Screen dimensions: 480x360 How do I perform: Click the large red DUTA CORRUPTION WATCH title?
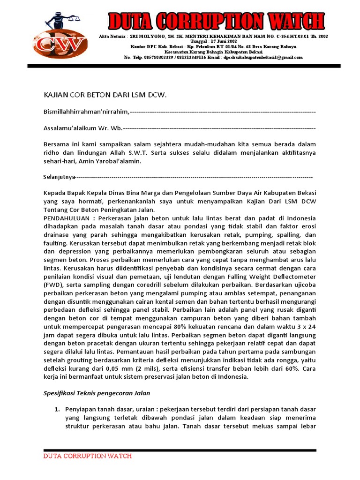pyautogui.click(x=216, y=22)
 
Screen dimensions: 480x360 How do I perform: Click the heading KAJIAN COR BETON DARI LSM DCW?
pyautogui.click(x=105, y=95)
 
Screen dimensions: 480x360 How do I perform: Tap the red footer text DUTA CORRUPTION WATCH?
pyautogui.click(x=88, y=456)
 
